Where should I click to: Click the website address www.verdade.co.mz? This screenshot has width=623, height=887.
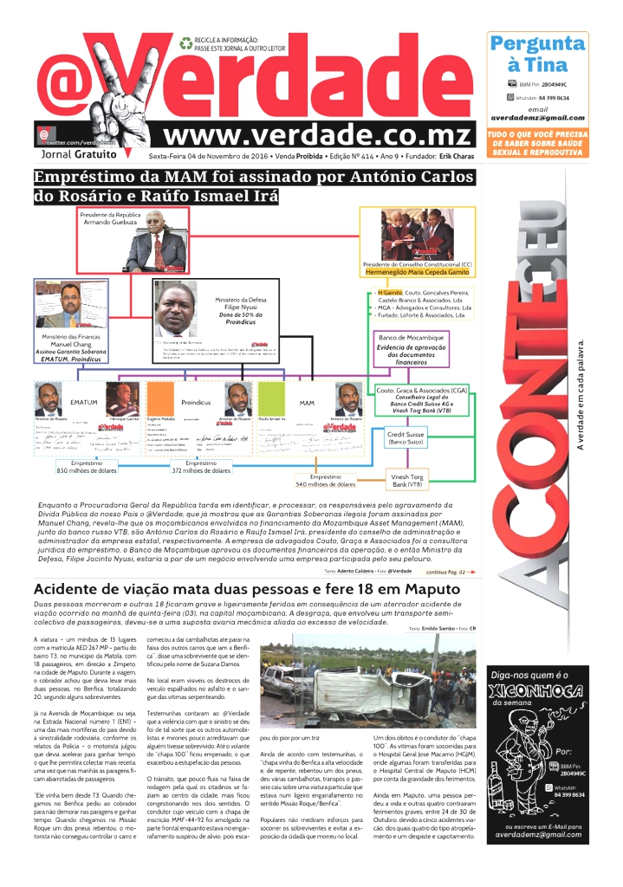(x=317, y=136)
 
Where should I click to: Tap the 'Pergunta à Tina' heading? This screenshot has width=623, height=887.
(x=537, y=54)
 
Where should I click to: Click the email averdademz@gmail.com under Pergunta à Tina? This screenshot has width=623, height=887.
(x=537, y=118)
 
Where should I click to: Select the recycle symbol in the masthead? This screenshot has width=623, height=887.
(x=186, y=42)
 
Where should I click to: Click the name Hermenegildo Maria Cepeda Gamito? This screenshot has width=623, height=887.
(x=419, y=271)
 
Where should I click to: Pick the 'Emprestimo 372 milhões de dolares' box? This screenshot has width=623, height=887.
(x=200, y=467)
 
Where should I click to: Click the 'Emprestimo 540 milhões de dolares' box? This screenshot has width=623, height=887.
(x=325, y=481)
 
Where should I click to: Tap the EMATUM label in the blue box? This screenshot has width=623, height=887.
(x=84, y=403)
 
